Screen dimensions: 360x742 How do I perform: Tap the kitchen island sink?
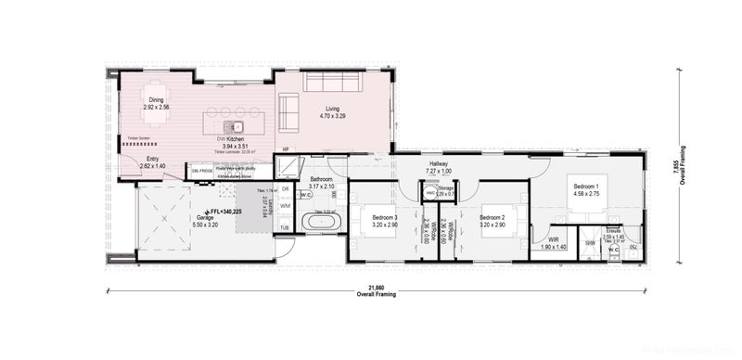tap(237, 125)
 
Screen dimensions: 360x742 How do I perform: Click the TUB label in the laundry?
tap(285, 227)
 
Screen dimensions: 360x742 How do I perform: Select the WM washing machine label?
tap(285, 205)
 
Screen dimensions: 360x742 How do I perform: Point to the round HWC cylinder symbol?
tap(431, 193)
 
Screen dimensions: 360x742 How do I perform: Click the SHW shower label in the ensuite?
tap(590, 243)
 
